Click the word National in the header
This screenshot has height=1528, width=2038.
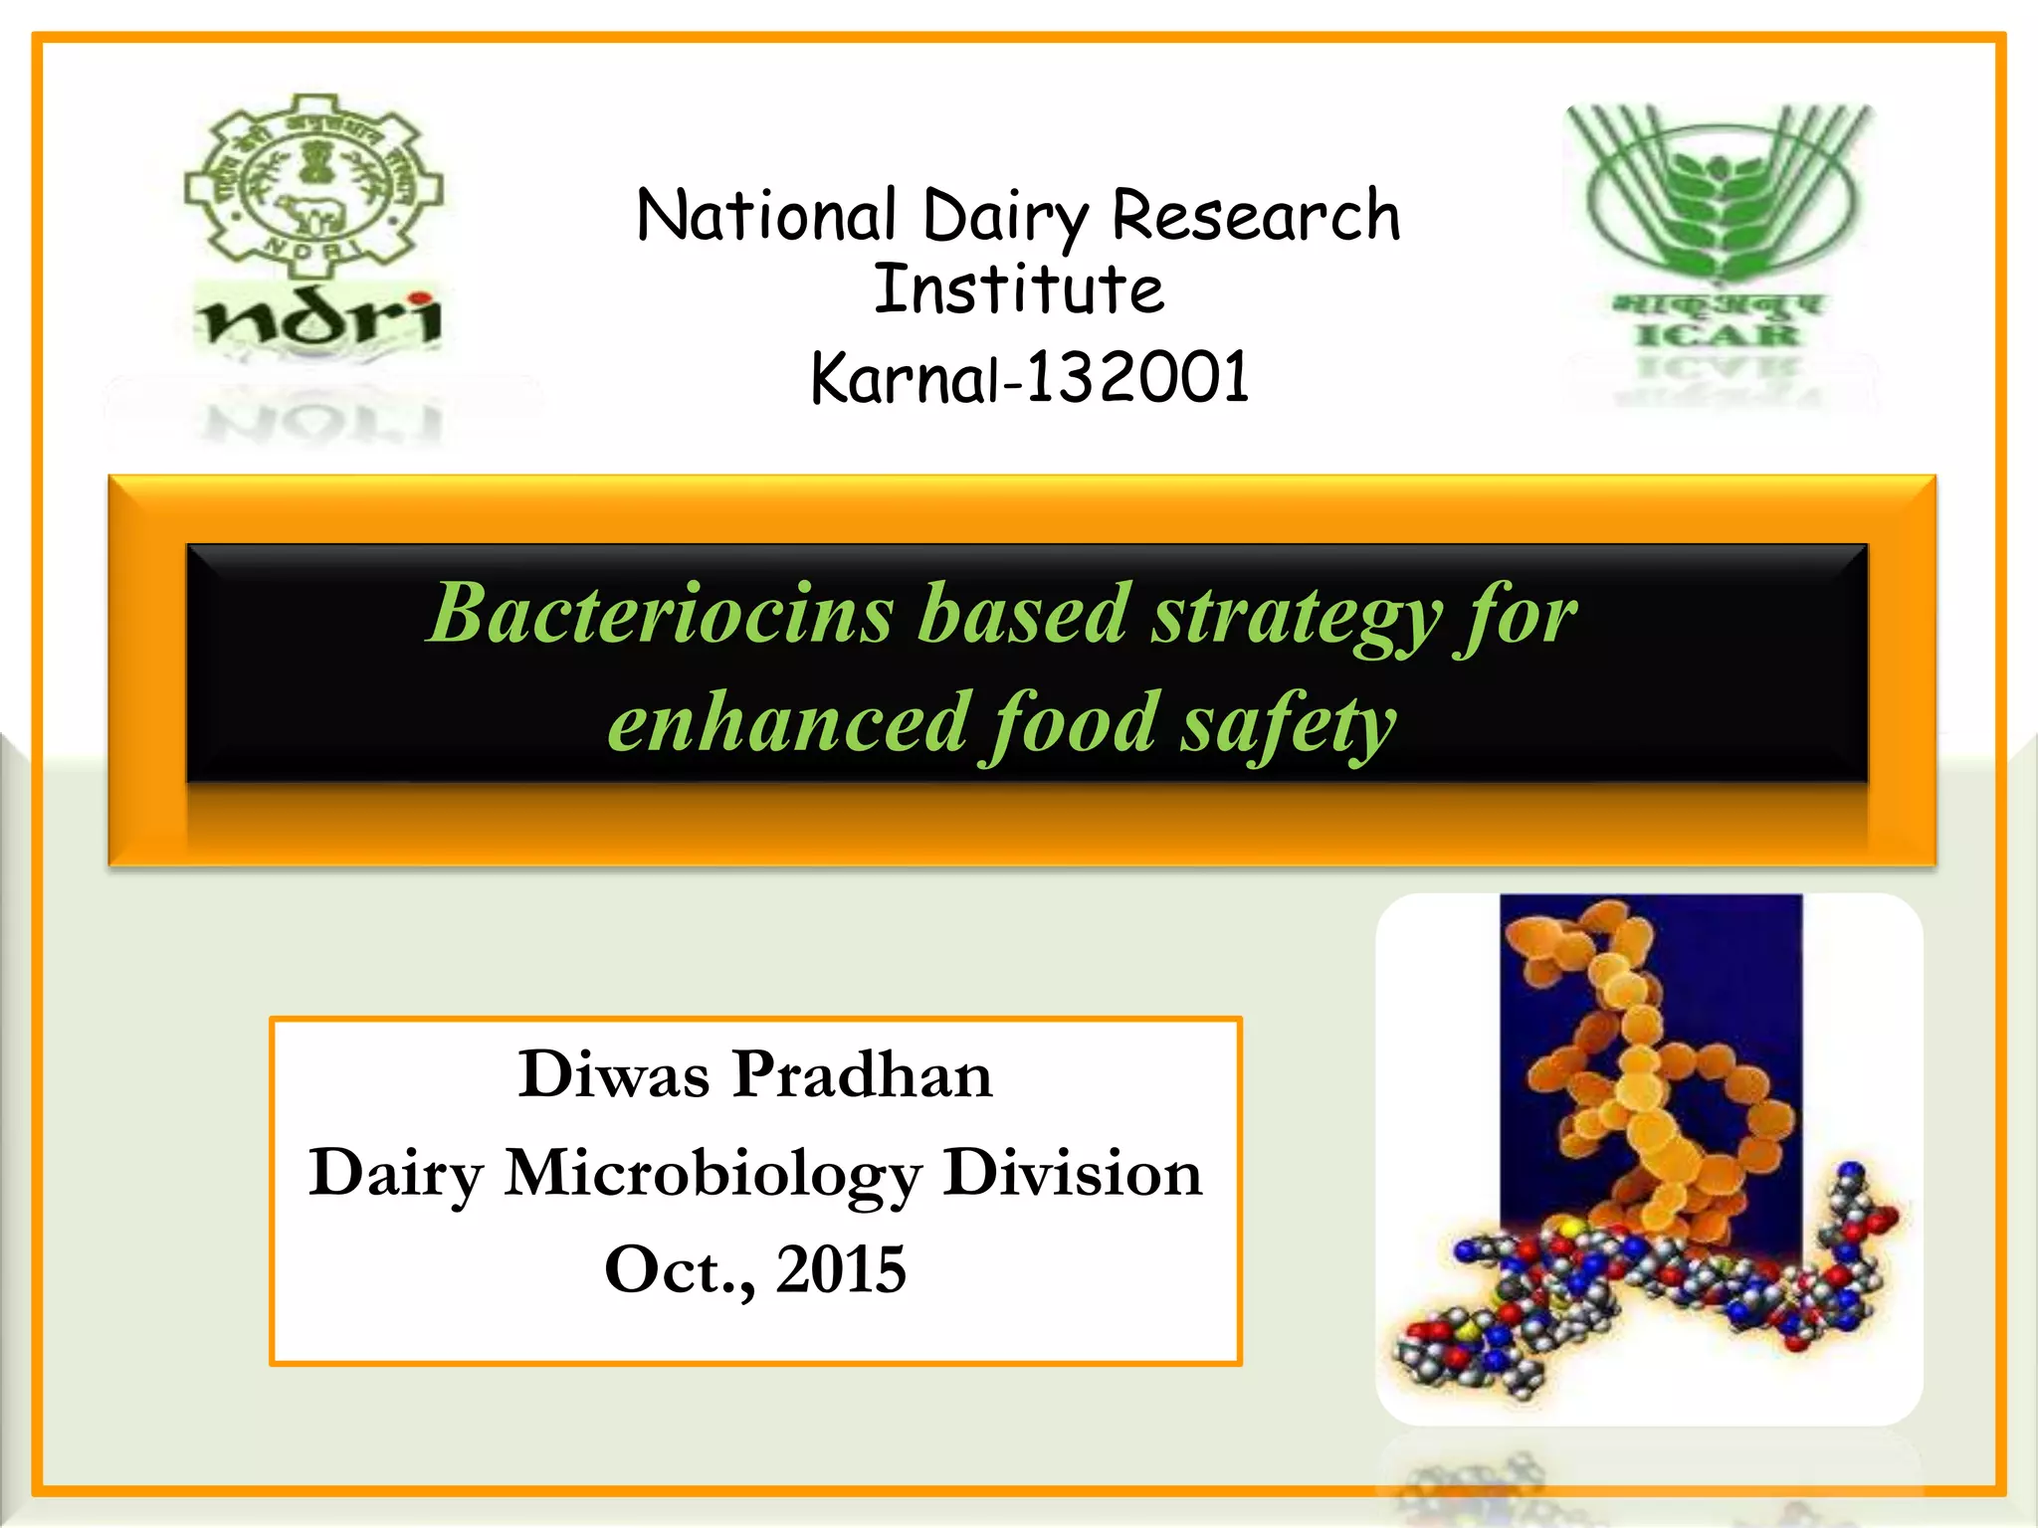(x=766, y=216)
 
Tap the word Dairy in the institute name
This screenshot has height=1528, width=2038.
(x=1005, y=218)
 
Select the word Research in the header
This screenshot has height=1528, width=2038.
(x=1256, y=216)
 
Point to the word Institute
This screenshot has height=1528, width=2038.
(x=1018, y=289)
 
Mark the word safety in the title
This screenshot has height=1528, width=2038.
(x=1289, y=724)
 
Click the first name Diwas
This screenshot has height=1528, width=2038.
(x=613, y=1074)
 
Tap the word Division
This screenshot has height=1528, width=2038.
(x=1073, y=1172)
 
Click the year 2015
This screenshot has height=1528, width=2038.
(x=841, y=1269)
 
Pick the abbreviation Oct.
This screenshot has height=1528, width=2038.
(x=678, y=1270)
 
